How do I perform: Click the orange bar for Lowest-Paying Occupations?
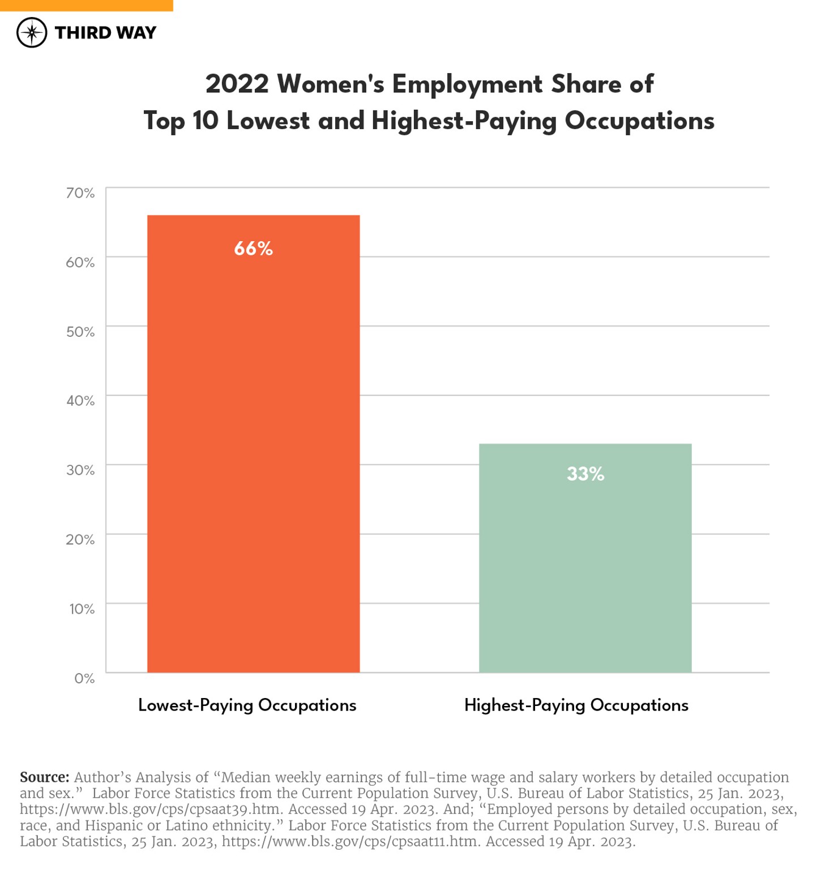(253, 453)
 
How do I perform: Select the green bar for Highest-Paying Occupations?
(585, 566)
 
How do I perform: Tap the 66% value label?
(253, 249)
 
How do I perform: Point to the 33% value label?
(585, 474)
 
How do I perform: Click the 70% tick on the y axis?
(80, 193)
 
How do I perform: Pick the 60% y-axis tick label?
(80, 262)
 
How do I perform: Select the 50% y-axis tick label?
(80, 332)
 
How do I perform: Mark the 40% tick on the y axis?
(80, 401)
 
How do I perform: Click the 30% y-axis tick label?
(80, 470)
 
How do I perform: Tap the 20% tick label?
(80, 540)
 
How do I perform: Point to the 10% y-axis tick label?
(82, 609)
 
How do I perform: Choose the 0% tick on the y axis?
(84, 678)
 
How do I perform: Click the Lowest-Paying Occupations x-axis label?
(247, 705)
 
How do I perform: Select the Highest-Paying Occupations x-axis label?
(576, 705)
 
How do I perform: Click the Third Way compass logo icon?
(32, 32)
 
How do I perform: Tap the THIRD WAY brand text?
(105, 33)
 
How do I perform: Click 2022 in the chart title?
(237, 84)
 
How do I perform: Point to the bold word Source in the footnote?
(44, 777)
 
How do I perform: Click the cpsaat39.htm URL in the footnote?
(151, 810)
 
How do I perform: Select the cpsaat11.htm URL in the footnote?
(351, 842)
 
